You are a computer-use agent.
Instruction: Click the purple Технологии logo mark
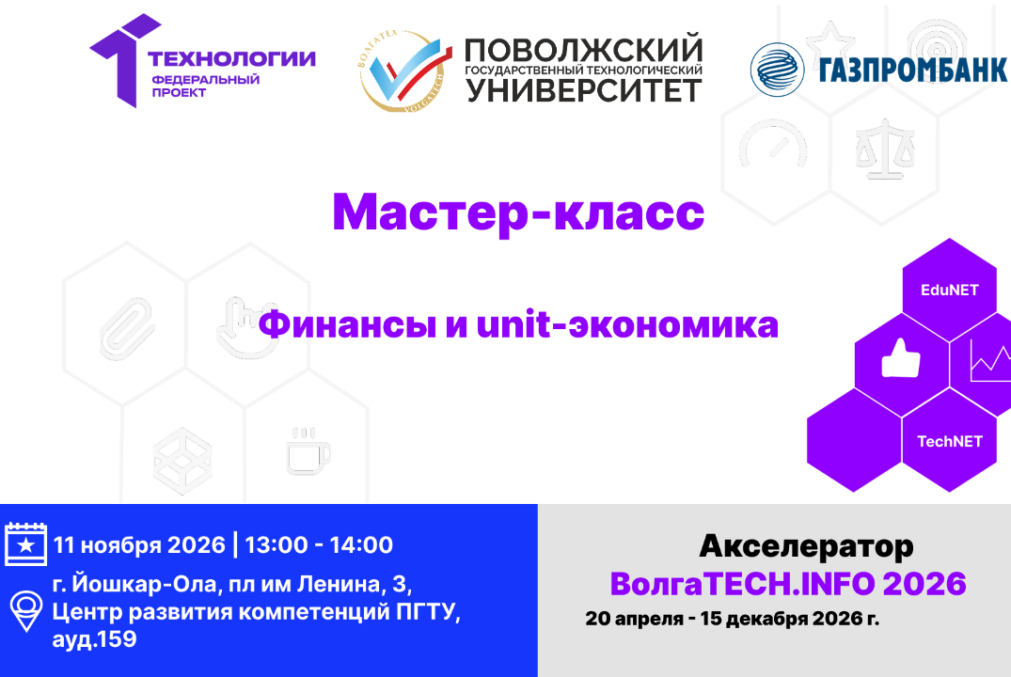tap(119, 60)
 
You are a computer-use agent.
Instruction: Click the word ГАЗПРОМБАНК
tap(912, 70)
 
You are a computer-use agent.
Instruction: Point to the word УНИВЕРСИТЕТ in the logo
tap(584, 91)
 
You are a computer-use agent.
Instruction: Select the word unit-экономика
tap(627, 325)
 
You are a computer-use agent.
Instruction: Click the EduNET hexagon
tap(948, 290)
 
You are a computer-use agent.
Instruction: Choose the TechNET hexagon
tap(949, 441)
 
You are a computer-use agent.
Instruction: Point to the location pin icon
tap(25, 611)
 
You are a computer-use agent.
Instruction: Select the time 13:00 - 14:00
tap(319, 544)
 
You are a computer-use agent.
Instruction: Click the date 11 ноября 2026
tap(139, 544)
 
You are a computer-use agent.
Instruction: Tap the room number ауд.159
tap(95, 640)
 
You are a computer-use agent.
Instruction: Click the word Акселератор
tap(806, 545)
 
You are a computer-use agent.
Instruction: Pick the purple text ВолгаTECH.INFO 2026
tap(788, 584)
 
